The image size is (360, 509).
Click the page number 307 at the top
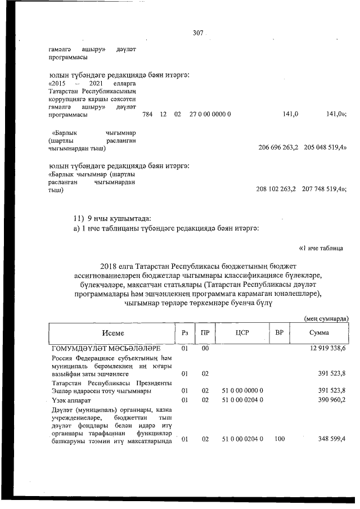pyautogui.click(x=197, y=33)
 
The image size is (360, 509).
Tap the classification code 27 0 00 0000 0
pyautogui.click(x=210, y=114)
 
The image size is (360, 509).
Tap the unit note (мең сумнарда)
pyautogui.click(x=327, y=319)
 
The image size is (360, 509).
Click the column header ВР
pyautogui.click(x=279, y=333)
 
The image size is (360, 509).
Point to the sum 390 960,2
pyautogui.click(x=330, y=400)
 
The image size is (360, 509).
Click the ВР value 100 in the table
pyautogui.click(x=279, y=439)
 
